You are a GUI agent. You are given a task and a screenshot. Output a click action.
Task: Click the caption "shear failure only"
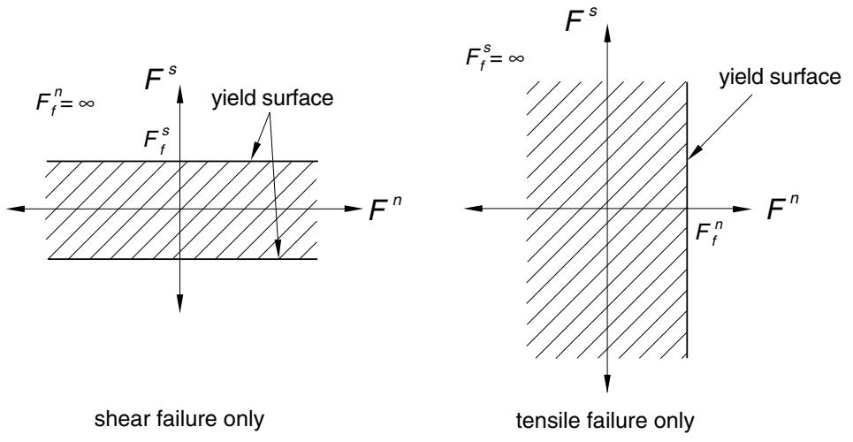[x=179, y=419]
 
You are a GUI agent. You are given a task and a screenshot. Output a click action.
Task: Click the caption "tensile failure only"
[x=605, y=420]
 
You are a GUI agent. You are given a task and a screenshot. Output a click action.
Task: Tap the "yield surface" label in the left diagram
[x=272, y=98]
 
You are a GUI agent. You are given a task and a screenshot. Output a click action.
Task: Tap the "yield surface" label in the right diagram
[x=780, y=77]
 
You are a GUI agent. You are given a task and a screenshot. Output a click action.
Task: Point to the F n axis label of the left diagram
[x=385, y=209]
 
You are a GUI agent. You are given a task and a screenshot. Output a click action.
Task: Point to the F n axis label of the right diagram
[x=782, y=208]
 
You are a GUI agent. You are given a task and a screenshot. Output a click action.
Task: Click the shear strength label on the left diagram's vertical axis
[x=156, y=140]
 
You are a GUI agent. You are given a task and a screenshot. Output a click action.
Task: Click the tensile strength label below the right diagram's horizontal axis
[x=708, y=234]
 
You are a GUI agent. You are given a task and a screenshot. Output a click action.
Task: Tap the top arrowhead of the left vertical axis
[x=180, y=95]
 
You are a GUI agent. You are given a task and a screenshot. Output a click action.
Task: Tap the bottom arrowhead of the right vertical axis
[x=606, y=384]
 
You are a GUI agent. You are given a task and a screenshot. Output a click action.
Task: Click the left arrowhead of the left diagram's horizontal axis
[x=15, y=209]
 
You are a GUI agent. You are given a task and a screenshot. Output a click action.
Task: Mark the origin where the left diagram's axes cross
[x=180, y=209]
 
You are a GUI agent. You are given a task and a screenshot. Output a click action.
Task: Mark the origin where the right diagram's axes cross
[x=606, y=209]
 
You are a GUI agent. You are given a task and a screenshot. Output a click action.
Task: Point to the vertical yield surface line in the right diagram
[x=687, y=219]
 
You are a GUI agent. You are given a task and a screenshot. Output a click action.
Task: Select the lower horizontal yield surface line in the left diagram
[x=183, y=259]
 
